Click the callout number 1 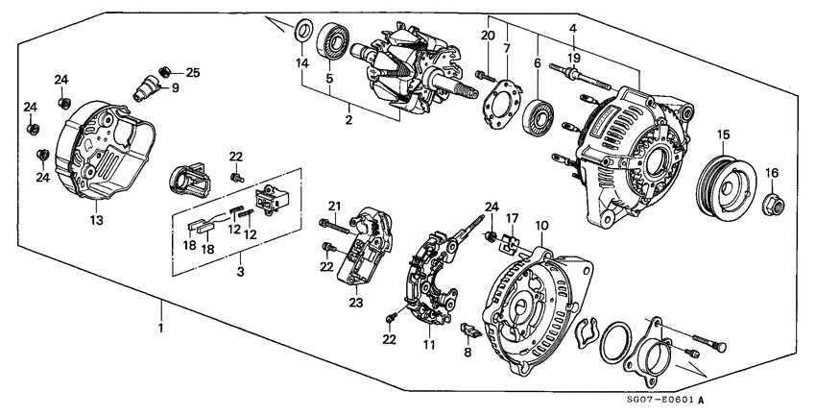click(161, 330)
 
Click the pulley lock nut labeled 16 click(572, 28)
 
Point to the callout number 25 click(192, 72)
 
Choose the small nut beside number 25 click(166, 70)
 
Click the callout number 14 click(303, 63)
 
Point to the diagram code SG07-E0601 click(661, 400)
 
